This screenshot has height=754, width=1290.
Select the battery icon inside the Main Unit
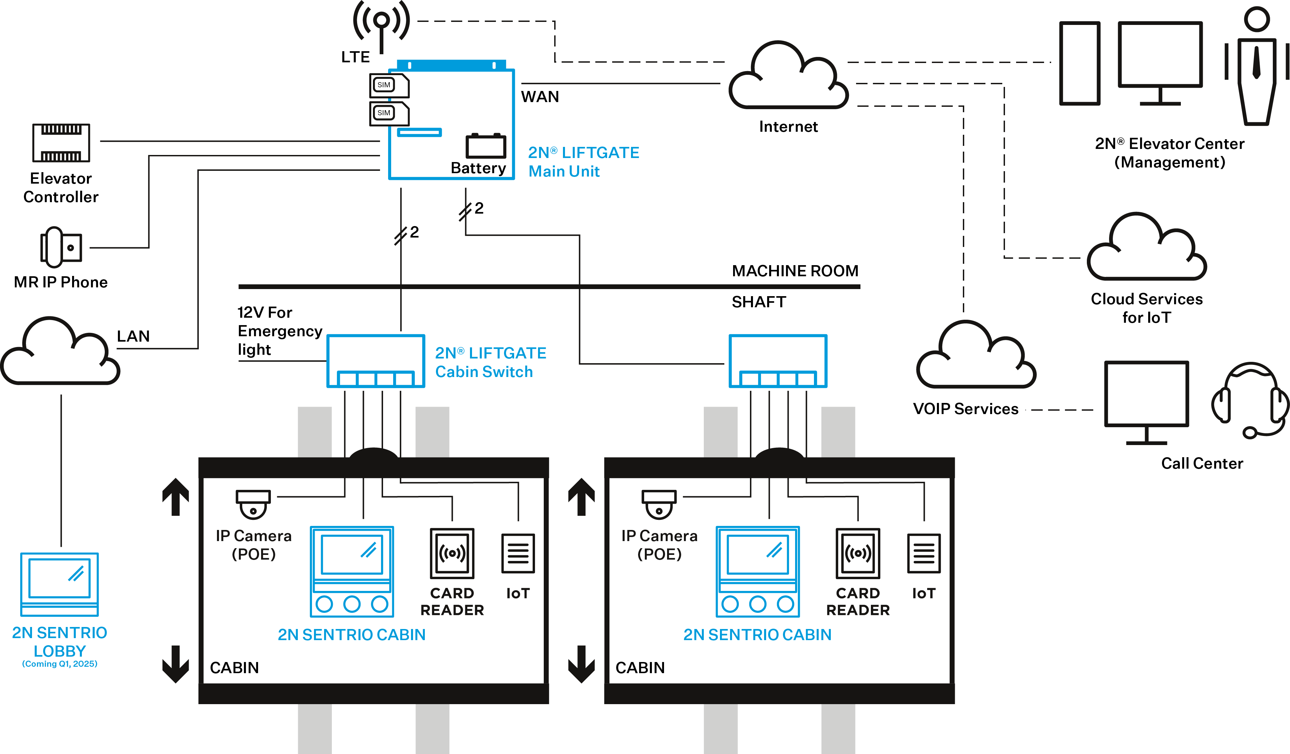pyautogui.click(x=485, y=146)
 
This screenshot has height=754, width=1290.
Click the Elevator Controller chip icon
pyautogui.click(x=61, y=143)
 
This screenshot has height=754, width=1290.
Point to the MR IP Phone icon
pyautogui.click(x=60, y=247)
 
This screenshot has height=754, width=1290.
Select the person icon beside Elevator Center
pyautogui.click(x=1257, y=67)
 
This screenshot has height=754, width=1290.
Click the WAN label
pyautogui.click(x=540, y=97)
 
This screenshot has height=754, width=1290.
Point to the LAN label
pyautogui.click(x=133, y=336)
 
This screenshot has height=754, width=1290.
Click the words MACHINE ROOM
pyautogui.click(x=795, y=271)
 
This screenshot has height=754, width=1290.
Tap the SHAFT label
pyautogui.click(x=759, y=302)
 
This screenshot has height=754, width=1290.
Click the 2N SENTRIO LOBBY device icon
pyautogui.click(x=59, y=584)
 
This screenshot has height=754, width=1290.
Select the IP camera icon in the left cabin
pyautogui.click(x=253, y=504)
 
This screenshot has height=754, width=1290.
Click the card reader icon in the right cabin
pyautogui.click(x=858, y=553)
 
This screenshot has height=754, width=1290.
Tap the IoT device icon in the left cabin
pyautogui.click(x=518, y=553)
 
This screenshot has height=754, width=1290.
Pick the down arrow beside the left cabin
pyautogui.click(x=176, y=664)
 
